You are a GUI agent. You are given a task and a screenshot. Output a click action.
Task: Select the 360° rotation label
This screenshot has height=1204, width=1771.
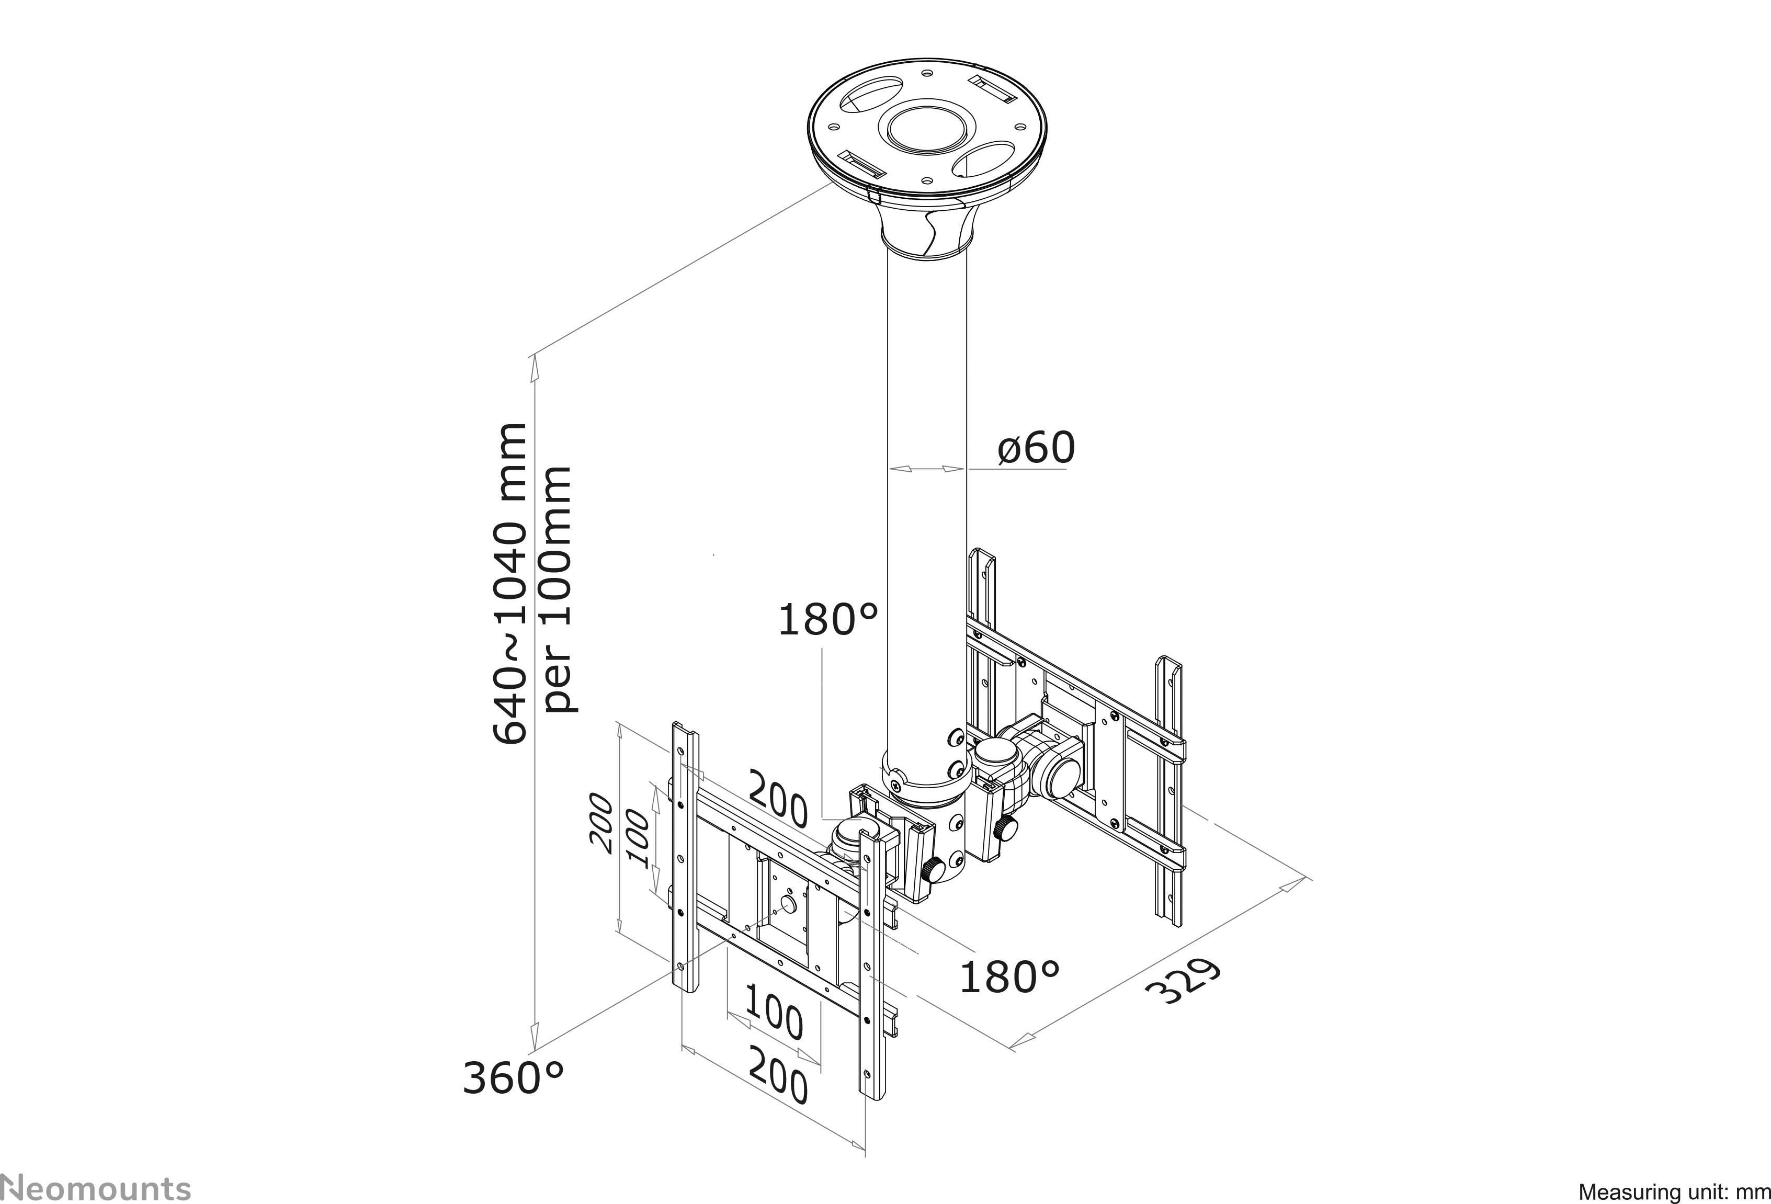[513, 1078]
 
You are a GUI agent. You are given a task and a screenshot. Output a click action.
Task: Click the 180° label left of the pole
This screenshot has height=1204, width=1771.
[827, 620]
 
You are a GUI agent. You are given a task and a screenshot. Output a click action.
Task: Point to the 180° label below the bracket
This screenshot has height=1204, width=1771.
[1008, 978]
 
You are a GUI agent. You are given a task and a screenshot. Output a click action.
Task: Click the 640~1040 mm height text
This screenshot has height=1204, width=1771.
[509, 583]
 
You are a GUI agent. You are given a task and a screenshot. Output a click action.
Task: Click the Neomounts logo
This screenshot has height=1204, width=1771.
[96, 1188]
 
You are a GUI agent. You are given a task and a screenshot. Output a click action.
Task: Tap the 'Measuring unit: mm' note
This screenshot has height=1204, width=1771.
[1673, 1191]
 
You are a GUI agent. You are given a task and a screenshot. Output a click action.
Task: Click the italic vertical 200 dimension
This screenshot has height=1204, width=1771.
[601, 824]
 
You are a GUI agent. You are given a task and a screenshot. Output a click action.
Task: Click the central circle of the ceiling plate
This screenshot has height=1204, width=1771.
[926, 128]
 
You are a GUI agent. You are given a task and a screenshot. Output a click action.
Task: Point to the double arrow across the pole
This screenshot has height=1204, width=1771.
[927, 469]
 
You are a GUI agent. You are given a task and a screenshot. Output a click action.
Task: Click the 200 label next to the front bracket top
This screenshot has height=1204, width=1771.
[777, 799]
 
